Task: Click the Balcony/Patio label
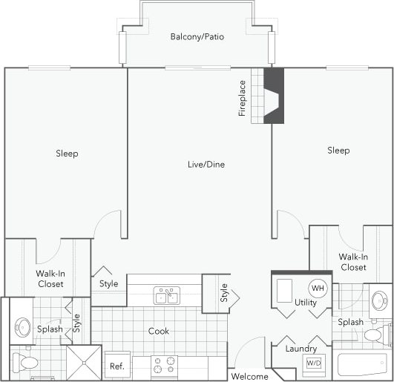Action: [x=197, y=36]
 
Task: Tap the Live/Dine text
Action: [x=206, y=164]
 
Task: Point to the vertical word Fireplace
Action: [x=242, y=99]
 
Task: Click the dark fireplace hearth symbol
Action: [x=274, y=96]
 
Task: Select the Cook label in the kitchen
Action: [x=158, y=331]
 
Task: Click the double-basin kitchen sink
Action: [x=166, y=296]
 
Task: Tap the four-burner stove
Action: [x=164, y=366]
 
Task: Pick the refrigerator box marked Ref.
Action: [x=117, y=366]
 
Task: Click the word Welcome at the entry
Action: [x=249, y=376]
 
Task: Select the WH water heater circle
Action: [x=317, y=288]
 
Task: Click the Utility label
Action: [x=306, y=303]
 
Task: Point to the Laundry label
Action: [x=301, y=348]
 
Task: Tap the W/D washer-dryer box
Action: [x=314, y=363]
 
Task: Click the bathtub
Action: [x=364, y=365]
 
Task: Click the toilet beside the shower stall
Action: [x=27, y=363]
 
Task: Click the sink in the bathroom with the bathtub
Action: [x=379, y=300]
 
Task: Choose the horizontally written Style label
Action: [x=109, y=283]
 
